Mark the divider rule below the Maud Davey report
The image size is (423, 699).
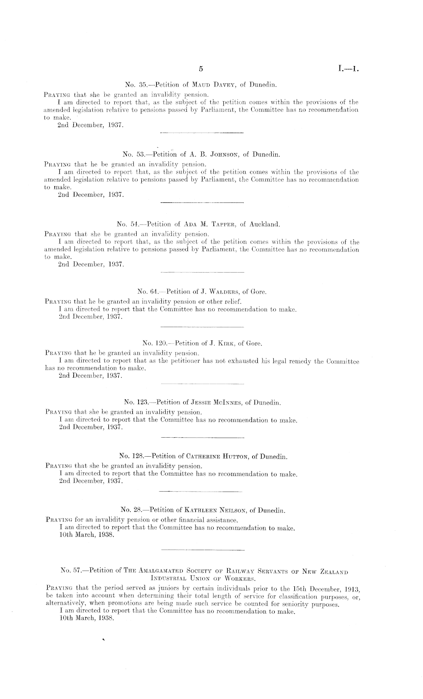[x=202, y=133]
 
